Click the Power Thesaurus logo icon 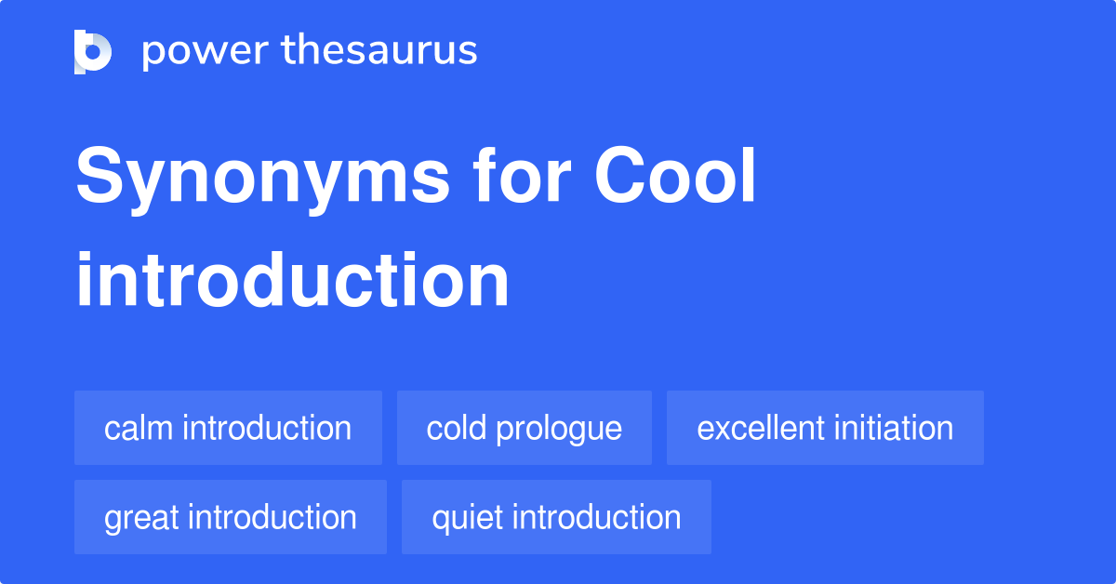point(93,51)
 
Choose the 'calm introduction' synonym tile point(228,428)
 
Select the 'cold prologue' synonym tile point(525,428)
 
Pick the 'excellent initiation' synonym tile point(825,428)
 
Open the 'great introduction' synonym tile point(231,517)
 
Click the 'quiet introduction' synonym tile point(556,517)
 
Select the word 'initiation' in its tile point(894,428)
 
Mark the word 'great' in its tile point(140,518)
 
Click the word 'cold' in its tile point(458,428)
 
